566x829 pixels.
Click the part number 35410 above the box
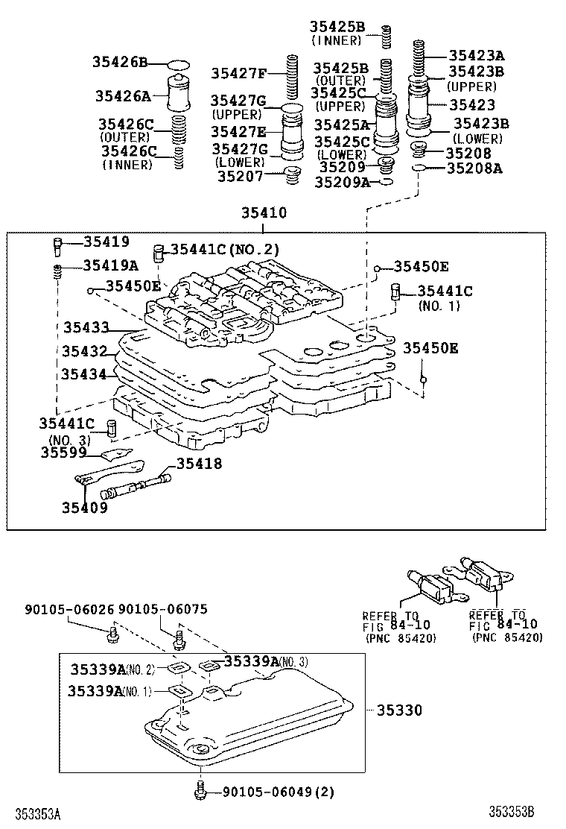[263, 214]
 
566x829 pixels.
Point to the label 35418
[199, 464]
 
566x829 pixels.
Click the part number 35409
[84, 508]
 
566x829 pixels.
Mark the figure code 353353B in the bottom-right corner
[512, 812]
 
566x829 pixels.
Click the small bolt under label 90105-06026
[112, 634]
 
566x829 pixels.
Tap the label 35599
[64, 452]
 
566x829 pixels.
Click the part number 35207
[241, 177]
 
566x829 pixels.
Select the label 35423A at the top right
[476, 55]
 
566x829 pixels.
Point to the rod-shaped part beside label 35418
[139, 485]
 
